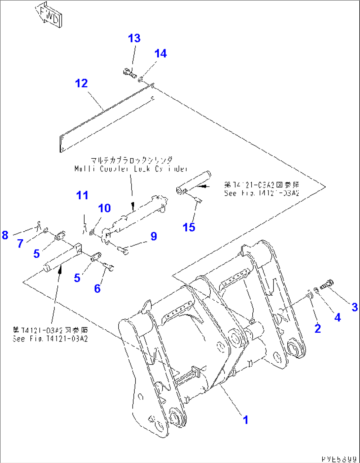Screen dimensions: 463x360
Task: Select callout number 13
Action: click(x=134, y=38)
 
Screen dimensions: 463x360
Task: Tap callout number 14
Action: click(x=161, y=53)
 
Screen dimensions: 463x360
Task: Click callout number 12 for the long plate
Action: click(x=81, y=83)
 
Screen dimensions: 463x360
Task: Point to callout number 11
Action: click(x=82, y=195)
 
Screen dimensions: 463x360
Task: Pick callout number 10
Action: click(x=104, y=208)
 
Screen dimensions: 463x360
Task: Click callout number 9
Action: click(x=154, y=236)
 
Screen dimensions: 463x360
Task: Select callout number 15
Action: click(x=189, y=227)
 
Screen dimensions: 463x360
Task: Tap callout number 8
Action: click(x=5, y=235)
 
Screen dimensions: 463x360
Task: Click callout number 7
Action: click(x=20, y=244)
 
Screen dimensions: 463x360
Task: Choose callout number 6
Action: click(x=97, y=288)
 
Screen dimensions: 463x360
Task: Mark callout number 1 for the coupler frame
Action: click(x=245, y=420)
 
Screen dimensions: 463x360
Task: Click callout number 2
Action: click(x=317, y=328)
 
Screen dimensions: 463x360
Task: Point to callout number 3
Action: click(x=354, y=307)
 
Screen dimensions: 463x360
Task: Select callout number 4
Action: click(x=337, y=317)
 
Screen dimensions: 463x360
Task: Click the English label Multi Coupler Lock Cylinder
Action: click(x=131, y=169)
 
